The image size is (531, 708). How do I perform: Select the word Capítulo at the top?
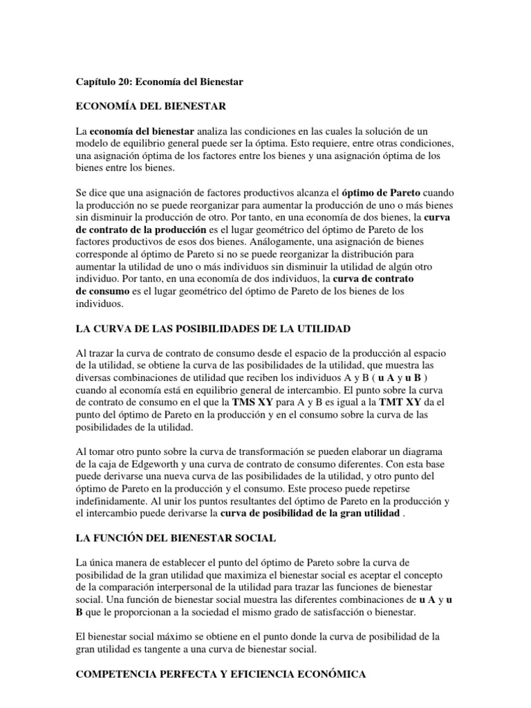coord(96,82)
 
